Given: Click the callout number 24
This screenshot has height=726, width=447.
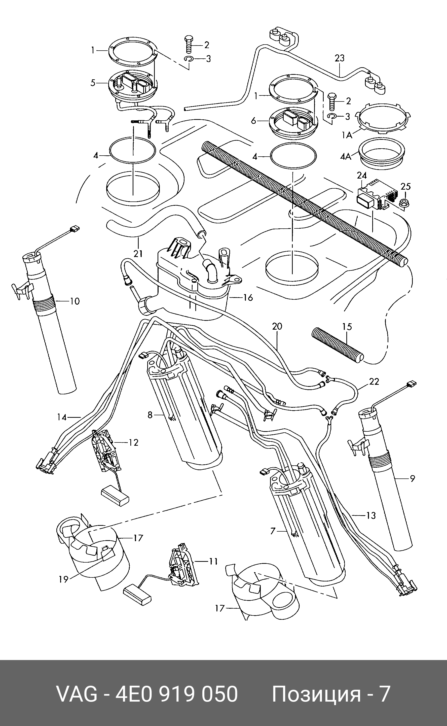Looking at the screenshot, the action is (x=362, y=176).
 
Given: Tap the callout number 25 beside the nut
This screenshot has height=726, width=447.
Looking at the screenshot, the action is (x=406, y=186).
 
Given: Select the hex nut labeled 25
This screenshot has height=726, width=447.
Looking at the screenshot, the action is (x=404, y=203).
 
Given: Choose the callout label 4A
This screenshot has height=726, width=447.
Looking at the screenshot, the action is (x=346, y=156).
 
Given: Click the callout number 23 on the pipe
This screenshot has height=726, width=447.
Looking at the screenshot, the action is (x=340, y=58).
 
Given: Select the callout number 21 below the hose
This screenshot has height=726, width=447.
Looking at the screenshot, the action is (x=138, y=253).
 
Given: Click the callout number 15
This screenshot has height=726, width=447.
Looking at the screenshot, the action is (x=347, y=327).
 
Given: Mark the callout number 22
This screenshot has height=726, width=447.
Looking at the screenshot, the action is (x=374, y=382).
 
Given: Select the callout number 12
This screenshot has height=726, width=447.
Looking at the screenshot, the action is (x=133, y=442).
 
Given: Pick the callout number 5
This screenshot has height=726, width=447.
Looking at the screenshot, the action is (x=93, y=83).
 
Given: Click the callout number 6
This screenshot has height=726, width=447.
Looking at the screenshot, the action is (x=253, y=121).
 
